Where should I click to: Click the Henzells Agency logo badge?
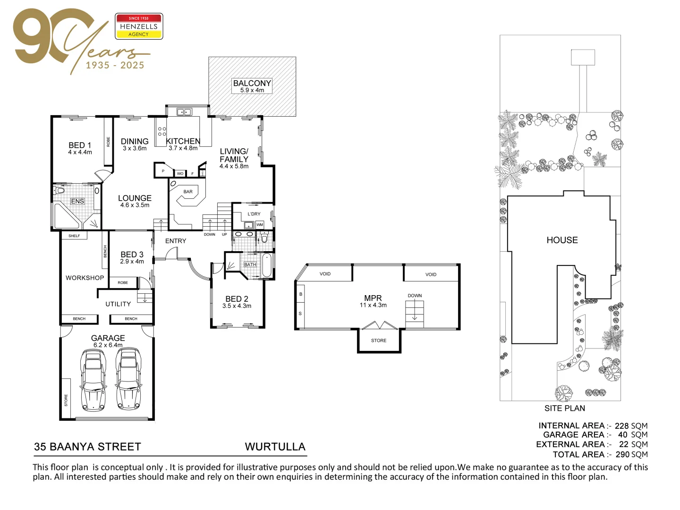[x=139, y=26]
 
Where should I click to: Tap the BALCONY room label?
[x=252, y=83]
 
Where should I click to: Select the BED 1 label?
[x=80, y=145]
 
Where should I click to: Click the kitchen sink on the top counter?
[x=184, y=112]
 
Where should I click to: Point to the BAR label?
[x=188, y=192]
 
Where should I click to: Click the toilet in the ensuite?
[x=59, y=191]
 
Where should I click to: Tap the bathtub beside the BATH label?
[x=267, y=265]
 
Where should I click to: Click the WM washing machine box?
[x=259, y=225]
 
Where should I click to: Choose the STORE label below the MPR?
[x=379, y=340]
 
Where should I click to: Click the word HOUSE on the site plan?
[x=562, y=240]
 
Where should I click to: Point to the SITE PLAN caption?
[x=564, y=408]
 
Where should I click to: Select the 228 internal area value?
[x=621, y=426]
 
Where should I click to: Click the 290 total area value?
[x=623, y=455]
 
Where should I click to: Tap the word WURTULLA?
[x=275, y=447]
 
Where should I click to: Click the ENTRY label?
[x=176, y=241]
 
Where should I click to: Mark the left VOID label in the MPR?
[x=325, y=274]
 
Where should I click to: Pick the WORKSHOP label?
[x=85, y=278]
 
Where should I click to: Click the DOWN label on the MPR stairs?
[x=415, y=296]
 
